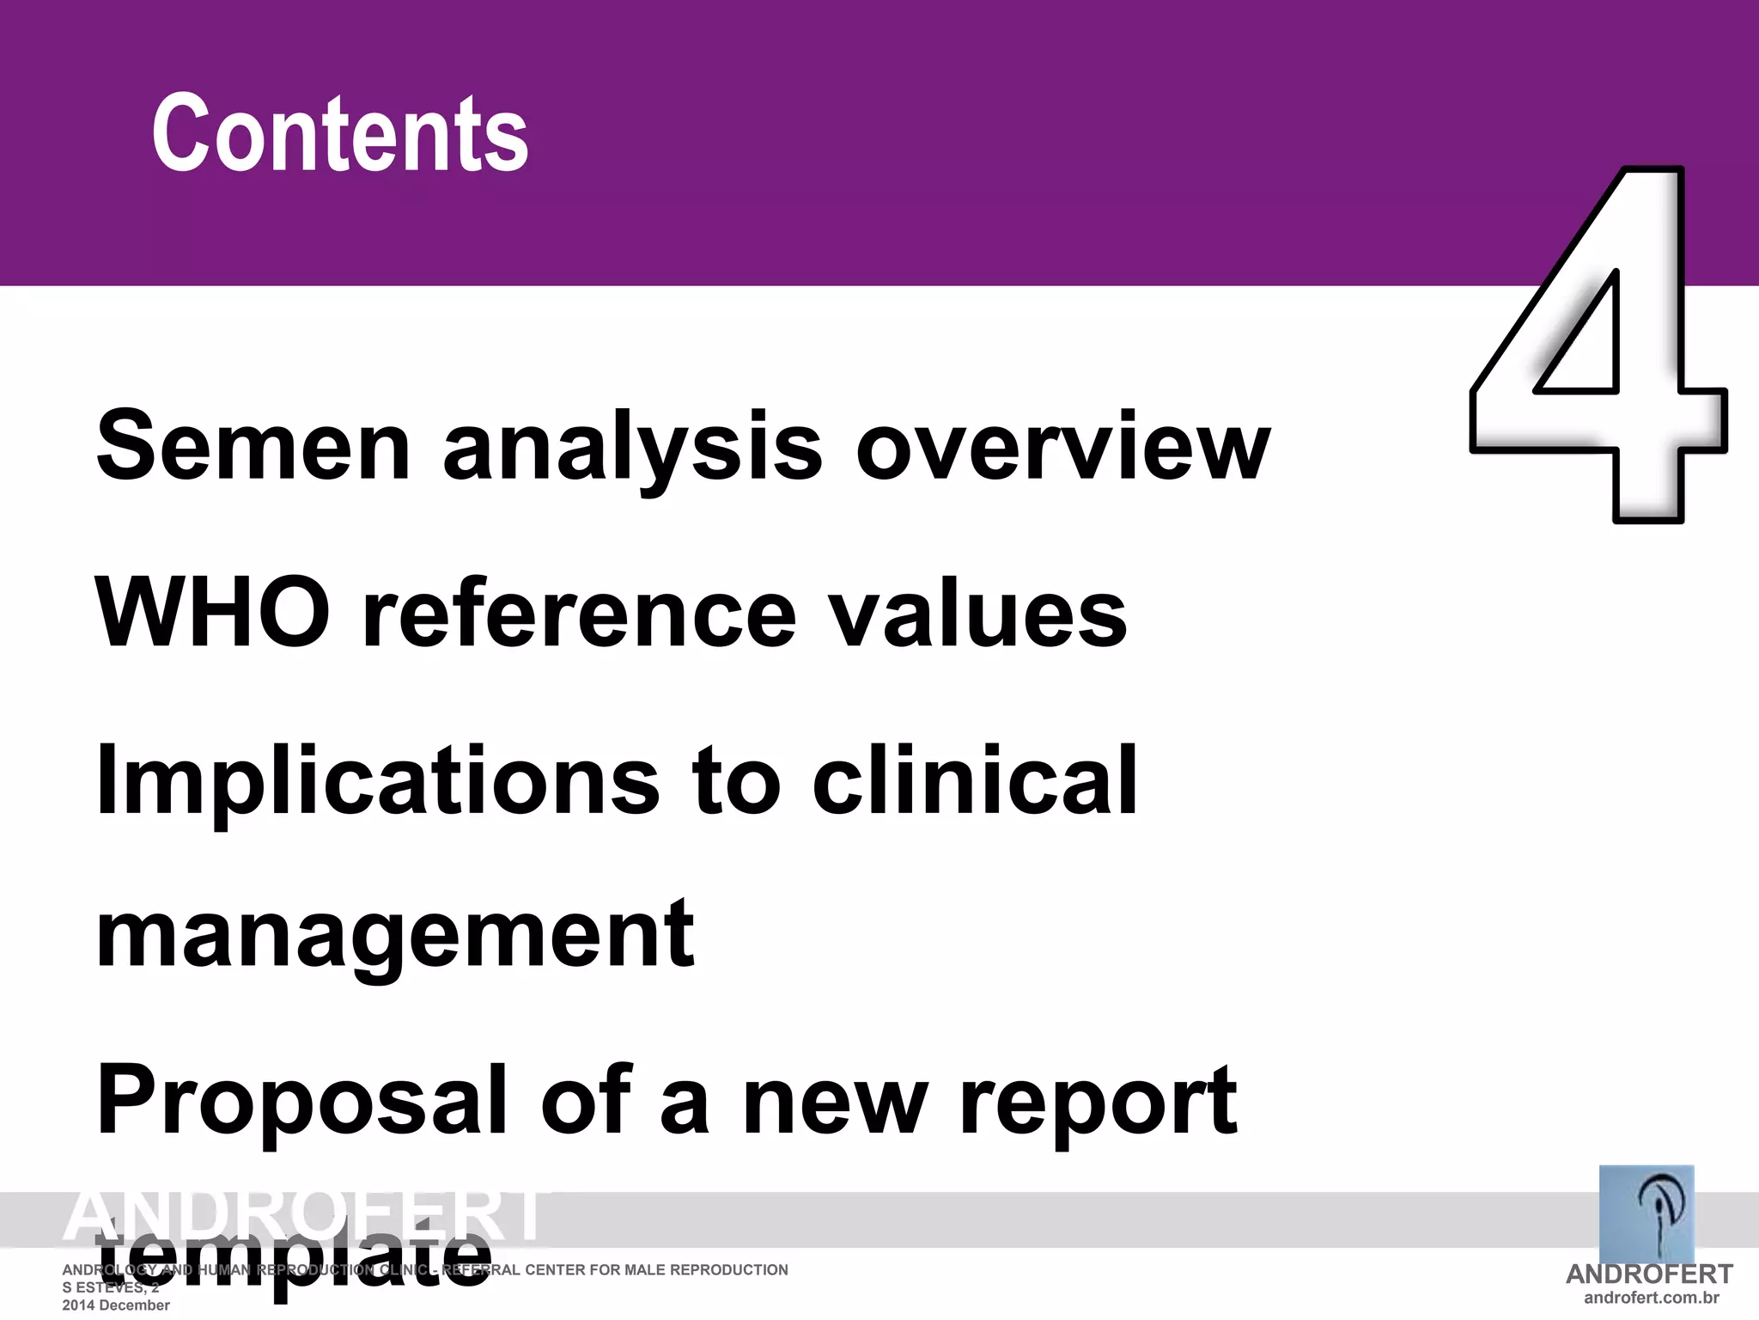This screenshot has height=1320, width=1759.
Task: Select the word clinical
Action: [x=975, y=779]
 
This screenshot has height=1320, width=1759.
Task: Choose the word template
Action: [x=293, y=1260]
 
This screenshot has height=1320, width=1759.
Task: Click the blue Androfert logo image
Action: [x=1646, y=1213]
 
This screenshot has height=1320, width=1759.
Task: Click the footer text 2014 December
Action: [x=116, y=1305]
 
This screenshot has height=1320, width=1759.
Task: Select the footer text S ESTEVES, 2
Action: [x=111, y=1287]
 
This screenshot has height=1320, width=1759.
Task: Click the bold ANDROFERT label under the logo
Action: [x=1649, y=1274]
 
